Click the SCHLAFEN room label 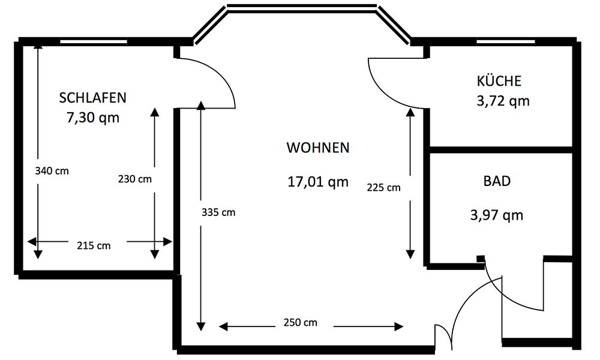(x=92, y=98)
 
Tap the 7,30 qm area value (x=93, y=117)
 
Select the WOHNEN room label (x=318, y=148)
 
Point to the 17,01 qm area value (x=318, y=181)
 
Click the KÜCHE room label (x=499, y=80)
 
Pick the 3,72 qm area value (x=503, y=101)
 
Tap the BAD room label (x=497, y=181)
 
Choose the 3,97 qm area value (x=497, y=215)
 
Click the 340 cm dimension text (x=52, y=170)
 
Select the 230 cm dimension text (x=134, y=179)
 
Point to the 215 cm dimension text (x=94, y=245)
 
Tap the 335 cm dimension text (x=218, y=212)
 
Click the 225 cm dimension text (x=384, y=187)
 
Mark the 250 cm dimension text (x=301, y=323)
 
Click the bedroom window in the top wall (x=94, y=41)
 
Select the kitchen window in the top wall (x=505, y=41)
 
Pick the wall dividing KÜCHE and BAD (x=501, y=149)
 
